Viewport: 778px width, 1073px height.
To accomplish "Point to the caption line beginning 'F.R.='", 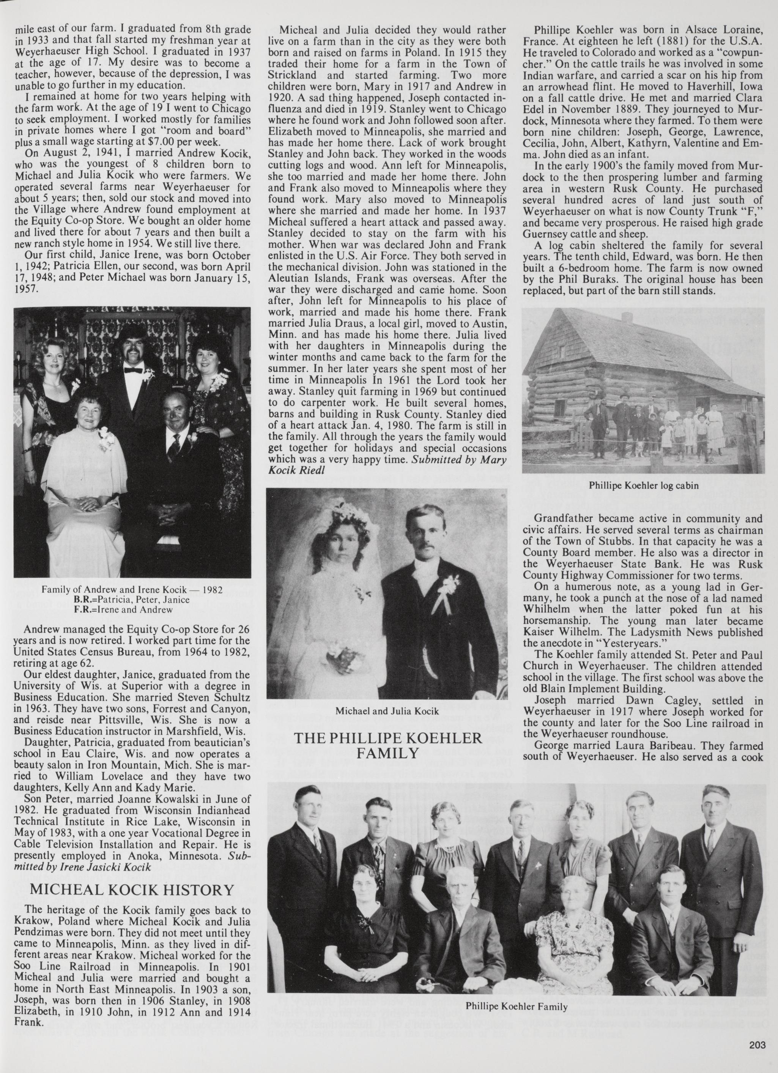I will click(132, 610).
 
